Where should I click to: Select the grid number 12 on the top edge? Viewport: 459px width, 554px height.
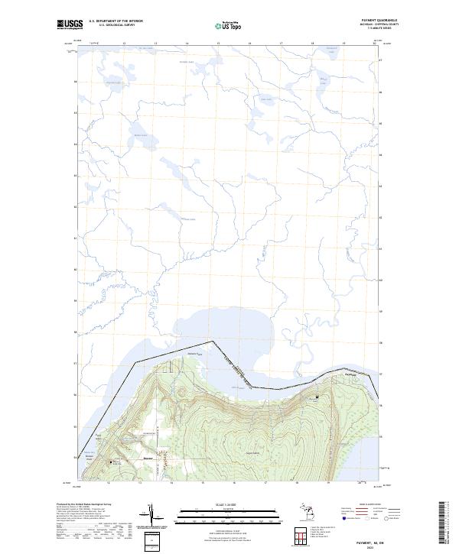point(124,44)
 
